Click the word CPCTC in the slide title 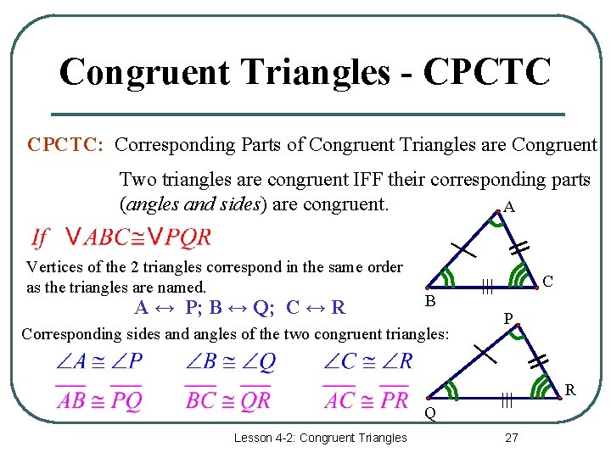[x=486, y=72]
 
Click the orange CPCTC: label [x=65, y=145]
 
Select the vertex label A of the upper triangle [x=508, y=207]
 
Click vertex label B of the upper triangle [x=430, y=301]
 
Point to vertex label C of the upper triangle [x=548, y=281]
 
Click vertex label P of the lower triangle [x=507, y=320]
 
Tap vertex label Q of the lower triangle [x=430, y=414]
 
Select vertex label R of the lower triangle [x=570, y=390]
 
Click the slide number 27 [x=511, y=438]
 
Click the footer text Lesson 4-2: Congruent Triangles [x=321, y=438]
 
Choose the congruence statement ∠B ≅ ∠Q [x=231, y=362]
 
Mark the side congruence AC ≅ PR [x=367, y=399]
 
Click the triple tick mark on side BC [x=488, y=288]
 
